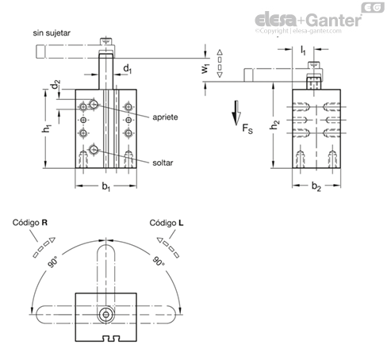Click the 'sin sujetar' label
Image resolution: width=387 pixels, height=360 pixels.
(x=52, y=33)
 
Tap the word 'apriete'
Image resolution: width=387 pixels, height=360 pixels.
(x=165, y=117)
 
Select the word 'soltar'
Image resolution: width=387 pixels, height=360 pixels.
(x=163, y=163)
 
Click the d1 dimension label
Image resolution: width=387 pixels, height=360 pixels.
(x=128, y=69)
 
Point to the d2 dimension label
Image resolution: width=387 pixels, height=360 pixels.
(x=56, y=84)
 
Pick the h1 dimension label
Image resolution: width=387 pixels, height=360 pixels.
(x=47, y=128)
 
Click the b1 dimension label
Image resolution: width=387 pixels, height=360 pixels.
(x=106, y=186)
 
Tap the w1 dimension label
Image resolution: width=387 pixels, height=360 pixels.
(x=205, y=68)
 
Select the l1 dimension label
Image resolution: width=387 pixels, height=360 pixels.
(x=303, y=50)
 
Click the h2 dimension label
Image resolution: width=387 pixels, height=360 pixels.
(x=274, y=124)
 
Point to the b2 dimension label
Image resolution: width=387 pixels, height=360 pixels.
(x=316, y=186)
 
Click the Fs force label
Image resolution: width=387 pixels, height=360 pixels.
(x=247, y=128)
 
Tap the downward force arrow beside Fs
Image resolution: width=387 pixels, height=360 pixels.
(x=236, y=113)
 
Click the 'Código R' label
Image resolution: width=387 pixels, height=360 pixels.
(x=30, y=223)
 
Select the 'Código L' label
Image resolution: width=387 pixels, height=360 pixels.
(x=167, y=223)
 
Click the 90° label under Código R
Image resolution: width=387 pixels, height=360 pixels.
(x=52, y=262)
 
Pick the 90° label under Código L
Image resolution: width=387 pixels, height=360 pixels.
(x=158, y=261)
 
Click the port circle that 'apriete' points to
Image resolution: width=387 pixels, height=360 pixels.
(x=94, y=104)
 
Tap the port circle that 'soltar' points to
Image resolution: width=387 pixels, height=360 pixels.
(x=94, y=150)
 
